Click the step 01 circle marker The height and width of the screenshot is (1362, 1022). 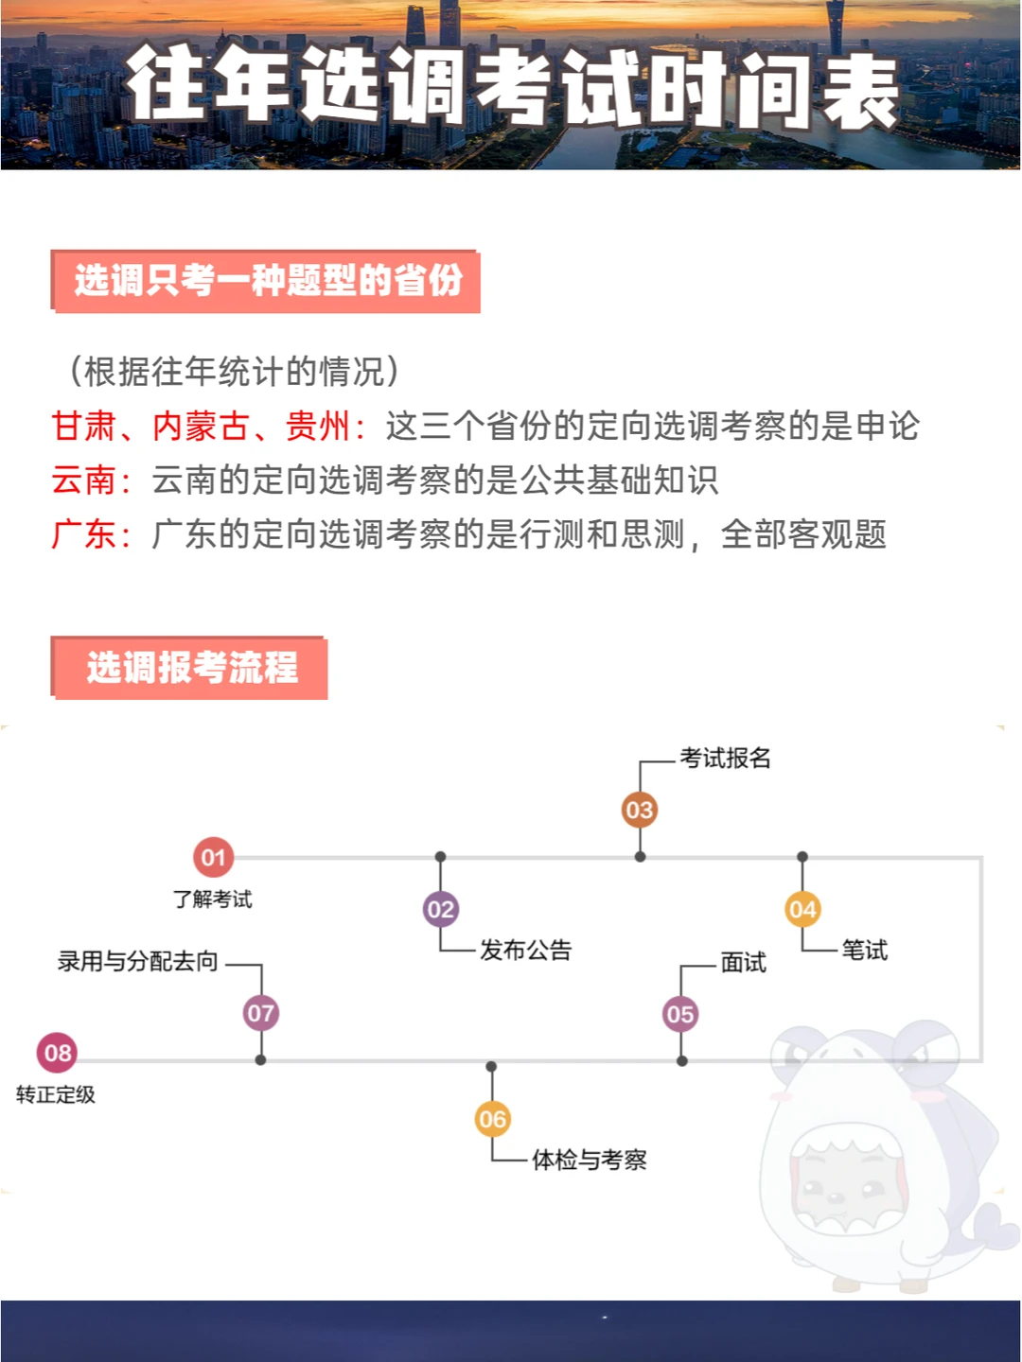213,858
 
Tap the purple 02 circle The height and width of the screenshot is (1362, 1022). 440,910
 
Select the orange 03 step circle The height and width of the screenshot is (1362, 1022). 640,811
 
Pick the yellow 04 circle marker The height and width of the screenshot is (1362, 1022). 802,910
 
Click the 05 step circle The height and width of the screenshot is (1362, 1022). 680,1015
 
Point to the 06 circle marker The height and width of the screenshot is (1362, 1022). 492,1120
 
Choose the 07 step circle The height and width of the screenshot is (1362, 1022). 260,1014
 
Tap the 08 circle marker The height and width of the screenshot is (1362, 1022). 58,1053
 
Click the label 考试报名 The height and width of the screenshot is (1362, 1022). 725,759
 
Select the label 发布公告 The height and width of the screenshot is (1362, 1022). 526,951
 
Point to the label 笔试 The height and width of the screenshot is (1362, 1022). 865,951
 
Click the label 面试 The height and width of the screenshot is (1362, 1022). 744,963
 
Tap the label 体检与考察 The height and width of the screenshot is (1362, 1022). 590,1160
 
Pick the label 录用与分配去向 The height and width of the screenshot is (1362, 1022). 138,962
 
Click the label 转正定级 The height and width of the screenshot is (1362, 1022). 56,1095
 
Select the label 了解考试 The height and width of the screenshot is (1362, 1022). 213,899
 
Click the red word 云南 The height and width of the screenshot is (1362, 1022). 83,480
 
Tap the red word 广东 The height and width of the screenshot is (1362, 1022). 83,534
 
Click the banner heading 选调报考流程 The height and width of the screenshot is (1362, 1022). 192,668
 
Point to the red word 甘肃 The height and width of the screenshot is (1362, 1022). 83,427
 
